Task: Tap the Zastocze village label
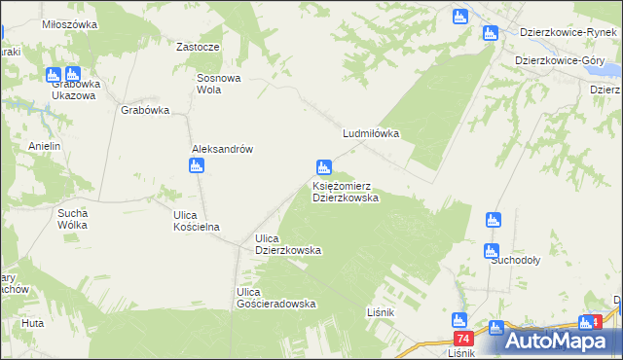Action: (x=197, y=47)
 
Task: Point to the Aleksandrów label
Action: (x=222, y=149)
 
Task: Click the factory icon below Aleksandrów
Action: (x=197, y=166)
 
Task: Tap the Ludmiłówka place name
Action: (x=371, y=135)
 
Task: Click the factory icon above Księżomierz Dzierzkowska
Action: (x=323, y=168)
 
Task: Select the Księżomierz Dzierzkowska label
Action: (x=345, y=191)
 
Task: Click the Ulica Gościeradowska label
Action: (x=276, y=298)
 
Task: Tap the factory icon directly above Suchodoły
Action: (x=492, y=251)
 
